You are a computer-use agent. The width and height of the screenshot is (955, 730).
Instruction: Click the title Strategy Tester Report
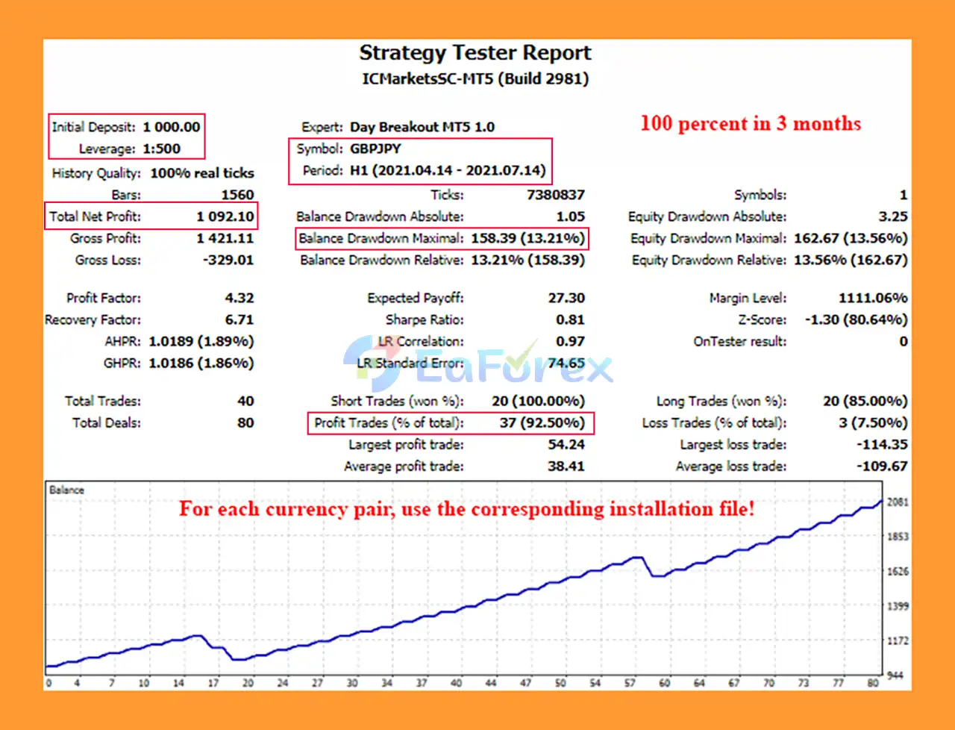click(x=475, y=53)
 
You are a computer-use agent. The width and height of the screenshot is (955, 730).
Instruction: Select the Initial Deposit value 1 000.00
click(x=172, y=127)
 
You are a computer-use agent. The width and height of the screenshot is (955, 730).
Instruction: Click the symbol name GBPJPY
click(x=375, y=149)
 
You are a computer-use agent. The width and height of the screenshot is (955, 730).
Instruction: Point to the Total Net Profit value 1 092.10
click(x=225, y=216)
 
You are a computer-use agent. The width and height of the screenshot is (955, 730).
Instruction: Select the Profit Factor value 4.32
click(x=239, y=298)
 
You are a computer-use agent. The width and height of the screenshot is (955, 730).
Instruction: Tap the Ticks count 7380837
click(x=555, y=195)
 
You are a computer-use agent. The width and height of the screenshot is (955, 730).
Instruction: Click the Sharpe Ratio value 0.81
click(x=570, y=319)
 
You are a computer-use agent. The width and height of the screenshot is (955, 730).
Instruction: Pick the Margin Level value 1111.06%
click(x=872, y=298)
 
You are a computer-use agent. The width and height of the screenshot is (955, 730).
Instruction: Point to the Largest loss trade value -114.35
click(x=882, y=444)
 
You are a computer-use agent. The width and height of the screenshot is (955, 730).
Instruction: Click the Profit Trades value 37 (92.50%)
click(x=542, y=422)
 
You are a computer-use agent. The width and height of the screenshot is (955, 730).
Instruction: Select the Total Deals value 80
click(x=245, y=422)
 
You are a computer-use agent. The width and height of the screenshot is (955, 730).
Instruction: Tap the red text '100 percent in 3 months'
click(x=751, y=124)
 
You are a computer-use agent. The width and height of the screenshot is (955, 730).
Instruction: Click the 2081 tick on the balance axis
click(x=898, y=502)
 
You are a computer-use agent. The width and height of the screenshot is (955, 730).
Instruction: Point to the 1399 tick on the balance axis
click(x=898, y=606)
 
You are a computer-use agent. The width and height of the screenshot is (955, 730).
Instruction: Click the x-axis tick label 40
click(x=456, y=682)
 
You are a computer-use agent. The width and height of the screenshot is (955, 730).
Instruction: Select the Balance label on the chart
click(x=66, y=490)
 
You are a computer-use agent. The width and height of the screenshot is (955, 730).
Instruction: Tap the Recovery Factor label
click(x=93, y=319)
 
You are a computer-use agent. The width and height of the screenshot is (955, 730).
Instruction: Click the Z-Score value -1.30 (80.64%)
click(x=856, y=319)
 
